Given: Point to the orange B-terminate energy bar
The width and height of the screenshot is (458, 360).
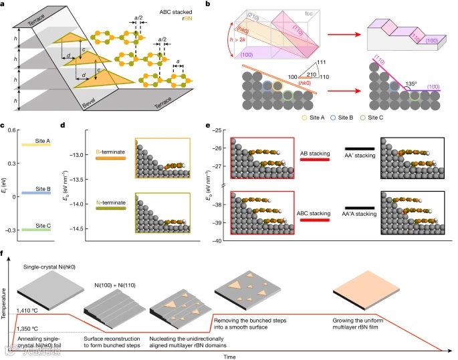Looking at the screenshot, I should coord(110,159).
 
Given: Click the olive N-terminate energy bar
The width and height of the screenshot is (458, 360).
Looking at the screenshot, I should coord(110,208).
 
